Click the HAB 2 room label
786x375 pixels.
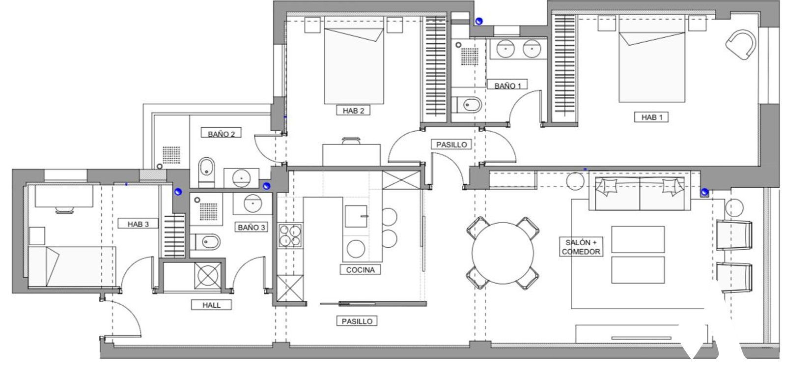pos(353,111)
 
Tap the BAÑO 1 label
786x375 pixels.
pos(507,86)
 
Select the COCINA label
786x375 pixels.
pos(361,270)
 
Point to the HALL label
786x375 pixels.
pos(211,305)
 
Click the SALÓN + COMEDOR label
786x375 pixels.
pos(581,247)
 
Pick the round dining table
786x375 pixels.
pos(503,253)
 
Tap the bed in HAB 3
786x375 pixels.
pos(72,266)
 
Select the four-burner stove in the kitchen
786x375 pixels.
pos(290,235)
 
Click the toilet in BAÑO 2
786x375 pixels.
pos(206,172)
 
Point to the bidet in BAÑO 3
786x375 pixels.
pos(206,242)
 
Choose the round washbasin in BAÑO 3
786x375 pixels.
pos(253,203)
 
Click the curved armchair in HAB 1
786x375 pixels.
pos(740,45)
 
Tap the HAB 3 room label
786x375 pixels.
pos(138,224)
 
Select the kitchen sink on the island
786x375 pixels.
pos(356,216)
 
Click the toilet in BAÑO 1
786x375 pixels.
pos(467,105)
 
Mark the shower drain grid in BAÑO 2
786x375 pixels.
pos(171,155)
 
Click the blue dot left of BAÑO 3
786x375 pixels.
pos(178,191)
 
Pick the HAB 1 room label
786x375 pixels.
pos(651,117)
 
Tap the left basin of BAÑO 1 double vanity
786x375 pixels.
pos(505,49)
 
